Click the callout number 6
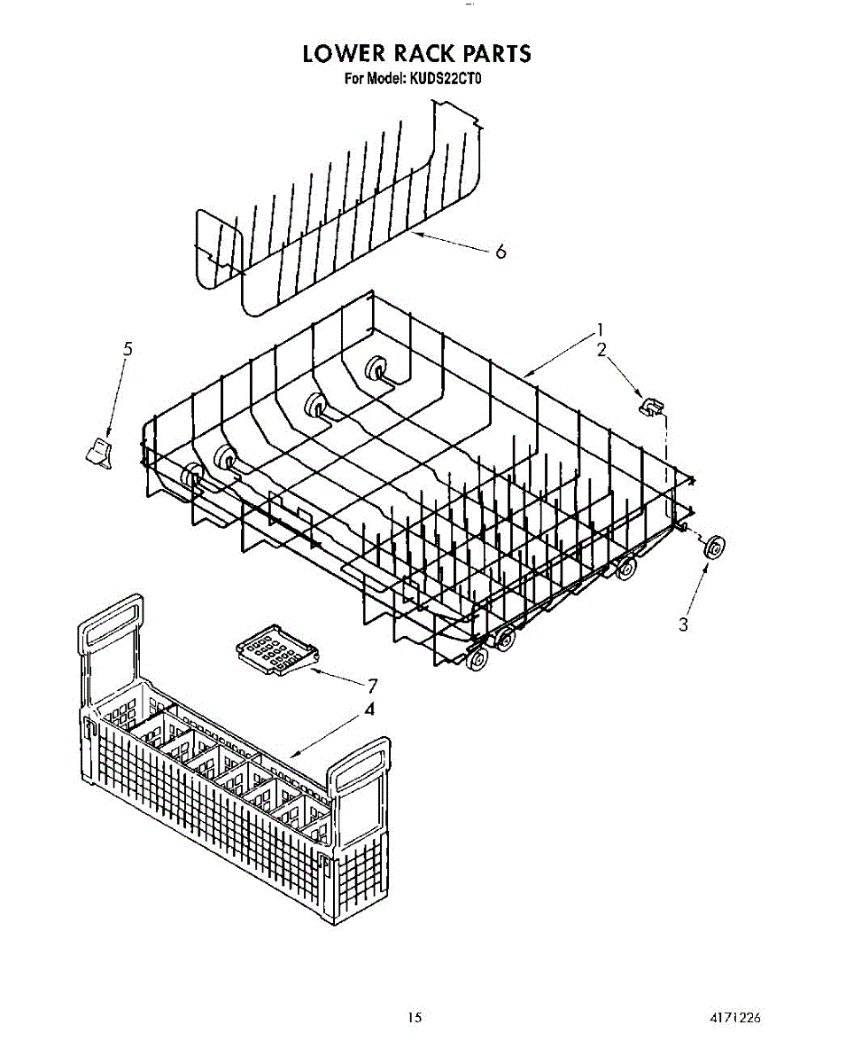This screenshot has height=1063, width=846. click(x=501, y=252)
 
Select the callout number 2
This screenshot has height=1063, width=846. click(x=602, y=349)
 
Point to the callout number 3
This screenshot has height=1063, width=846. click(x=683, y=624)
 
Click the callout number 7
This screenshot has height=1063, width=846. click(x=373, y=685)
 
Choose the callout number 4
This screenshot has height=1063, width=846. click(x=369, y=709)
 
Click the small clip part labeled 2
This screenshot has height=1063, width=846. click(x=650, y=406)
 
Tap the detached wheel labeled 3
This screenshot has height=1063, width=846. click(x=713, y=547)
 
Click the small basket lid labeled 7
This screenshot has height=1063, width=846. click(x=274, y=653)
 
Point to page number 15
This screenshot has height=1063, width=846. click(x=415, y=1018)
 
